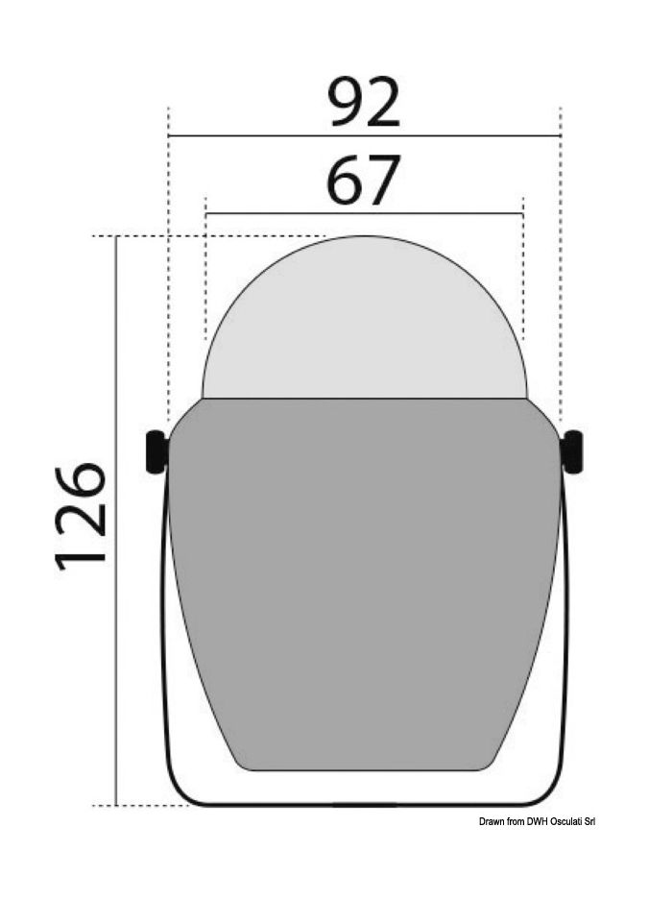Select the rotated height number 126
(81, 516)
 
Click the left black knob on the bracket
(155, 451)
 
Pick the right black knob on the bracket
(573, 451)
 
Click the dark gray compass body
(365, 576)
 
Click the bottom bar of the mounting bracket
(365, 804)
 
